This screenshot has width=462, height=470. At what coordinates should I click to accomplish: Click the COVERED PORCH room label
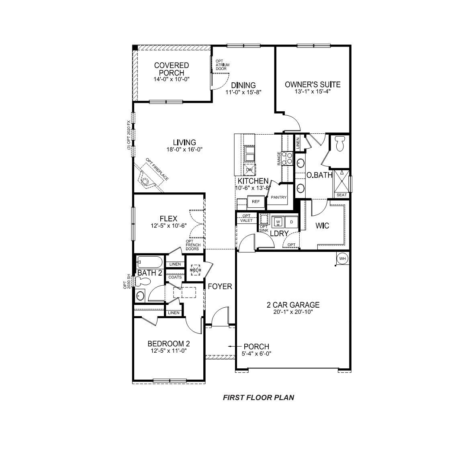171,69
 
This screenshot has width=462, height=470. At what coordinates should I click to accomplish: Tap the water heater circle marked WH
342,259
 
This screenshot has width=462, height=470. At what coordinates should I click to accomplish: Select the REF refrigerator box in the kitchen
256,202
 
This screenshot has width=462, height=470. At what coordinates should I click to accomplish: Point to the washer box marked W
278,222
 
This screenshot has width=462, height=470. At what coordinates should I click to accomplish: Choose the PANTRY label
278,197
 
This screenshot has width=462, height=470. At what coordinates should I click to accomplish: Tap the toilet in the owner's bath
340,143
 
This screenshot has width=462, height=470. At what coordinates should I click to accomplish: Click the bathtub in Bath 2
149,263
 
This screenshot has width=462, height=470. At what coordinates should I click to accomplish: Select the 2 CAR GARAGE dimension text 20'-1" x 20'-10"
293,312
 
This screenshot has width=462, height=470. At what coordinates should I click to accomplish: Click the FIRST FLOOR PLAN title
258,398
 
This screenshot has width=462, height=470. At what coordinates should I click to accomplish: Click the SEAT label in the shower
341,195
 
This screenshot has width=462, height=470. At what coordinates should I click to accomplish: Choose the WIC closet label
322,226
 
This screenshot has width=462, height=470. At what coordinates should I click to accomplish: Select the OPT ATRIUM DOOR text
221,65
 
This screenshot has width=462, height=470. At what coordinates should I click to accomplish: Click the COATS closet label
175,277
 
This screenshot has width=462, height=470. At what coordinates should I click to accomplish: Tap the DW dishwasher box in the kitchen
249,170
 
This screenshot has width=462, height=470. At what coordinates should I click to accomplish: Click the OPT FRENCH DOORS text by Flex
193,245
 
